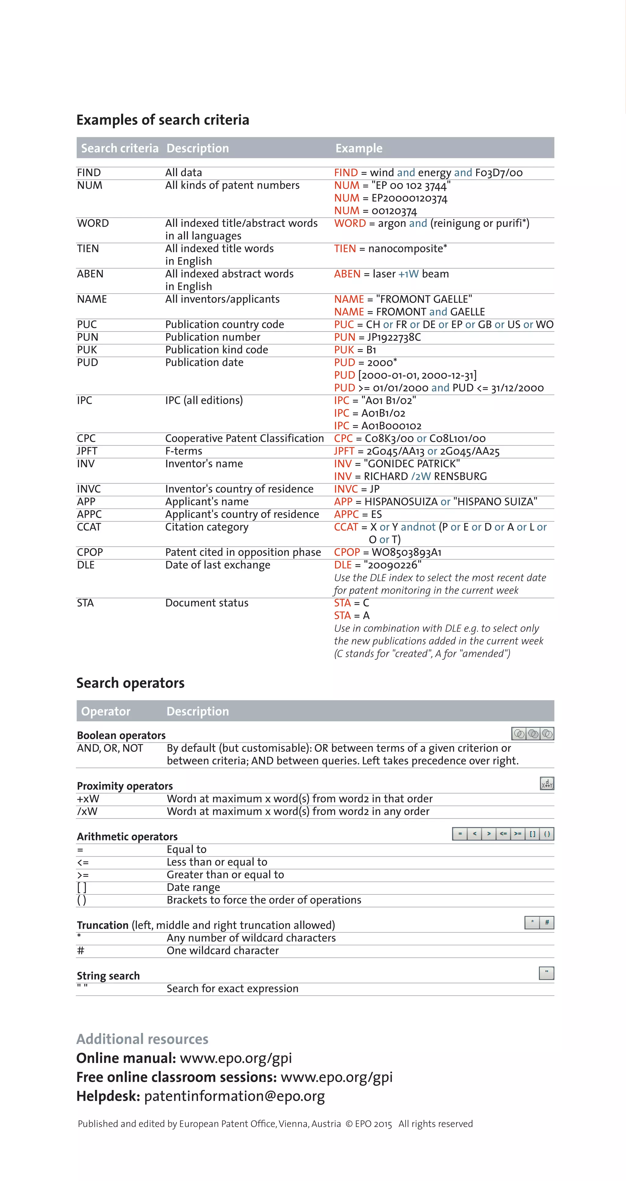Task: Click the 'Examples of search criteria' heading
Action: [163, 120]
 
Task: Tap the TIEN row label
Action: [88, 249]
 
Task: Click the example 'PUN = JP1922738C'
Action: [377, 337]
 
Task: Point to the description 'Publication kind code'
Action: [216, 350]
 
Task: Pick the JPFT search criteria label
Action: [87, 451]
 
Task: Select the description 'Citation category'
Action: [207, 527]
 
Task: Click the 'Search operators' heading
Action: [130, 683]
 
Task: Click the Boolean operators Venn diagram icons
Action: [532, 734]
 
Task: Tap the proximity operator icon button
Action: [547, 783]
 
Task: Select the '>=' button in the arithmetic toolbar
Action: [517, 834]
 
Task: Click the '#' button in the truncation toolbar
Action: [547, 922]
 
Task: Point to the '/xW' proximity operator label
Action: [87, 812]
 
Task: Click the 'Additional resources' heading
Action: [142, 1039]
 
